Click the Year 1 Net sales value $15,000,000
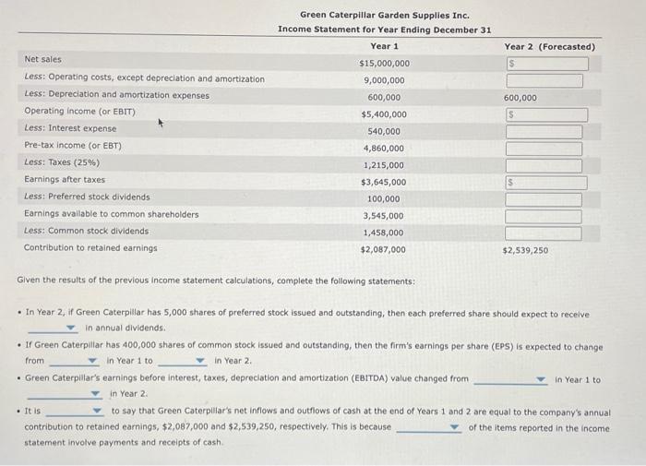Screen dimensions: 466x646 click(384, 64)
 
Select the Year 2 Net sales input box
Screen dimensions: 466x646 click(546, 64)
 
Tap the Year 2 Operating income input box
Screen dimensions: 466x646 click(546, 114)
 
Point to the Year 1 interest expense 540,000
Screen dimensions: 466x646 click(384, 131)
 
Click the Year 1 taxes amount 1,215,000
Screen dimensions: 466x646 click(384, 165)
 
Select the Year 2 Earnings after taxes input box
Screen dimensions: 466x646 click(546, 182)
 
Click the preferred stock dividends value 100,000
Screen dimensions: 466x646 click(384, 198)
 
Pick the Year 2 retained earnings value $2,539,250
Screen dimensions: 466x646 click(526, 250)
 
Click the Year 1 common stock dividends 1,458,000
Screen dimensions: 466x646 click(384, 233)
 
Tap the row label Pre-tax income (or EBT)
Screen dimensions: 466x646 click(73, 146)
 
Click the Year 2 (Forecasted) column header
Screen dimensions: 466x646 click(549, 46)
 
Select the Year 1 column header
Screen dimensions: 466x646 click(384, 46)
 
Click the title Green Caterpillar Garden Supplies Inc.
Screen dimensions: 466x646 click(385, 15)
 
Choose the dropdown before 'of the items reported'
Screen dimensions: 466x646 click(430, 428)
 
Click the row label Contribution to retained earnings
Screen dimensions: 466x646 click(90, 247)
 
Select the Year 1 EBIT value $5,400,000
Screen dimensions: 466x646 click(384, 114)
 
